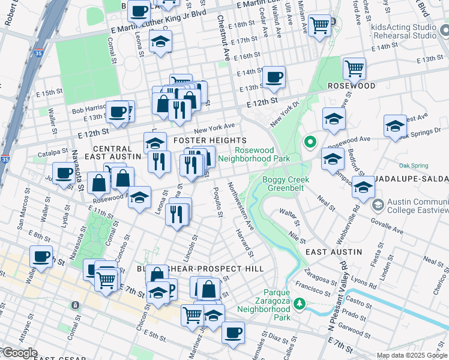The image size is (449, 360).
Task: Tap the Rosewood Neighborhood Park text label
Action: tap(254, 155)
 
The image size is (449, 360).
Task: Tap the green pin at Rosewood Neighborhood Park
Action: tap(310, 143)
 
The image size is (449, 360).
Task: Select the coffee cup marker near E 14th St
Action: tap(274, 77)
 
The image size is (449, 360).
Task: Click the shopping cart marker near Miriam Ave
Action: tap(320, 25)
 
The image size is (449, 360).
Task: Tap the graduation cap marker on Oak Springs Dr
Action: tap(395, 126)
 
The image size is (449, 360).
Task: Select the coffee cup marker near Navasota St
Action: tap(64, 173)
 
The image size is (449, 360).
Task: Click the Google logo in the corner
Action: tap(19, 353)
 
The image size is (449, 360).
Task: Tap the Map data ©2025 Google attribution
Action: tap(412, 355)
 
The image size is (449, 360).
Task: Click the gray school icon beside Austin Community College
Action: tap(378, 205)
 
